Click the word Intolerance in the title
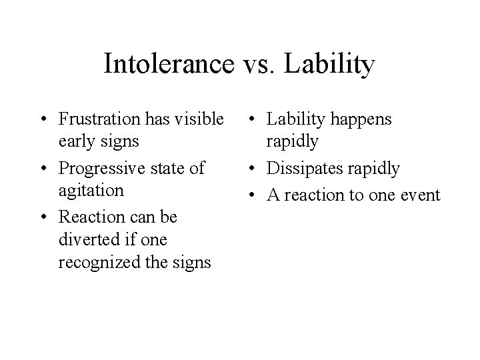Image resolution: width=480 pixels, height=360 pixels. [168, 64]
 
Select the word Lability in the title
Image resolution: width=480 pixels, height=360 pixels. [330, 64]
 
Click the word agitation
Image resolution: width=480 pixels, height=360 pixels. [91, 191]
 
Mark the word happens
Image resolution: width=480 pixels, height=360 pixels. [362, 119]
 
